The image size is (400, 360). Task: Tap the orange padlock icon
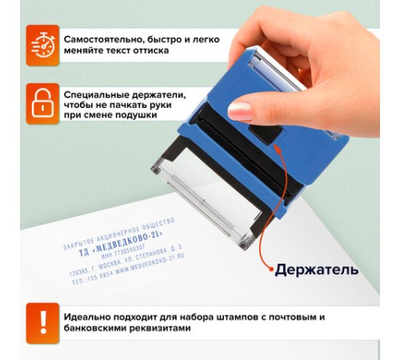point(42,102)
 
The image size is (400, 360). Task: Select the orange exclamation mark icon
point(42,321)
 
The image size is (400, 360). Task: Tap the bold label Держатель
point(316,270)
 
